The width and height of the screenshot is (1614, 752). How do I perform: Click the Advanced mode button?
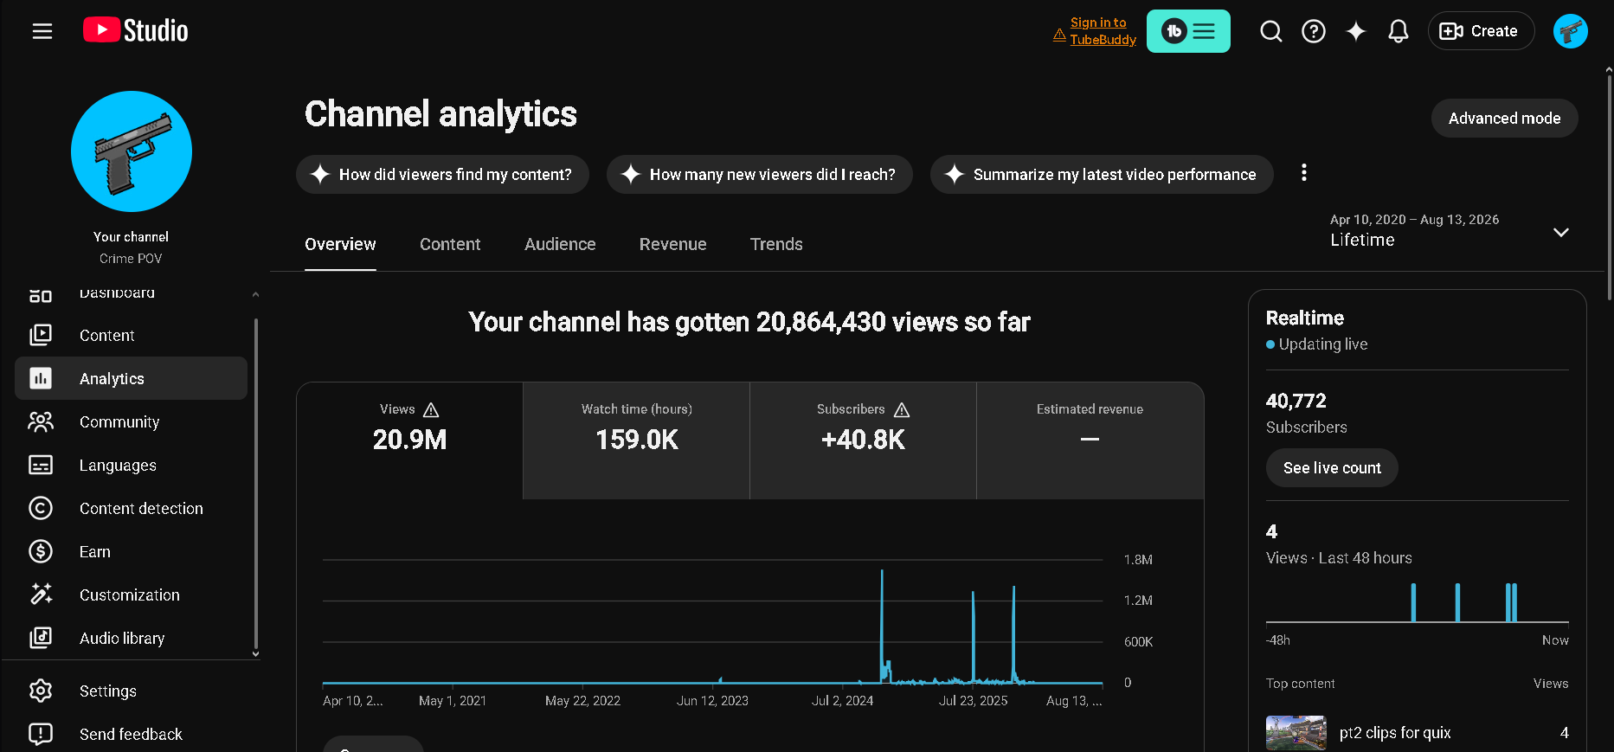[1504, 119]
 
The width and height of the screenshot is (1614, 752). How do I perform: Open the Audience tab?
[560, 244]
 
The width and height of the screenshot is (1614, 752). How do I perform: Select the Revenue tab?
[672, 244]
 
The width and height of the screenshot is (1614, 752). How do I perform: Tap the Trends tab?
[776, 244]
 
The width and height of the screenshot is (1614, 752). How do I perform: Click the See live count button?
[1332, 468]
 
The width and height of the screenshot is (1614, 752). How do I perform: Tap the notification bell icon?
[1399, 31]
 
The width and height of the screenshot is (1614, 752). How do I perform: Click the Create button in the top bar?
[1481, 31]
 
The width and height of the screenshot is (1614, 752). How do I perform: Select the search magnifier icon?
[1271, 31]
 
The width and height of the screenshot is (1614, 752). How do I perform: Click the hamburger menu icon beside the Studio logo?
[42, 31]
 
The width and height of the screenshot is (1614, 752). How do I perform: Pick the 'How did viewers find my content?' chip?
[442, 175]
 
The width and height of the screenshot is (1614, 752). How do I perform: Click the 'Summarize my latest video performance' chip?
[1102, 175]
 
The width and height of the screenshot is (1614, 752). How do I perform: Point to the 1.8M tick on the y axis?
[1138, 560]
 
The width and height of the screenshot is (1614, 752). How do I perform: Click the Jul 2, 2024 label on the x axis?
[842, 701]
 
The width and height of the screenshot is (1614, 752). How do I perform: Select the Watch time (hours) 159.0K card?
[636, 440]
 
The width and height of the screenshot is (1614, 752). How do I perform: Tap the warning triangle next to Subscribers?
[902, 409]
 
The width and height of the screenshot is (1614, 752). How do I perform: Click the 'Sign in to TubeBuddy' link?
[1103, 31]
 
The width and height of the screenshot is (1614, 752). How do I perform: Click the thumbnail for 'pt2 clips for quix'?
[1296, 733]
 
